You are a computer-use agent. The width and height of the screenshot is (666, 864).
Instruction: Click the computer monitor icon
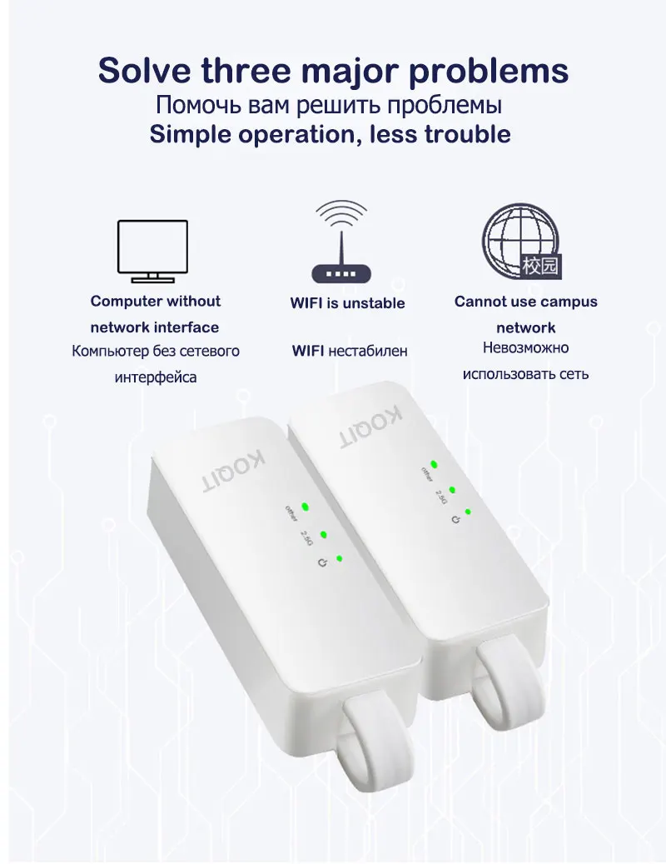(152, 249)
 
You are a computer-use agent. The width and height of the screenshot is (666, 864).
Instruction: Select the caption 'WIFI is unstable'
(347, 302)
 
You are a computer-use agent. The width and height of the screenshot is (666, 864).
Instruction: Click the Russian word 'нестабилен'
(368, 351)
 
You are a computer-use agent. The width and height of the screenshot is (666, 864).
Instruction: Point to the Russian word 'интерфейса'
(156, 377)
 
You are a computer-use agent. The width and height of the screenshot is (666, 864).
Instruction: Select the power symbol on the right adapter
(454, 520)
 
